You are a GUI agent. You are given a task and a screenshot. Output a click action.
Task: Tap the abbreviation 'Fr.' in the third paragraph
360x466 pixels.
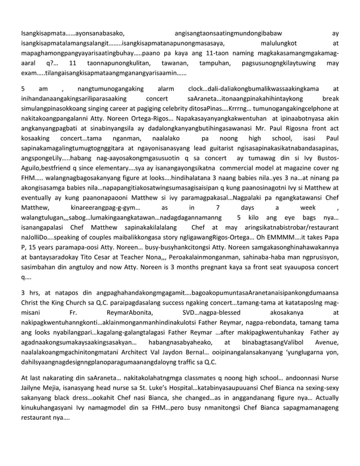point(74,313)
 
